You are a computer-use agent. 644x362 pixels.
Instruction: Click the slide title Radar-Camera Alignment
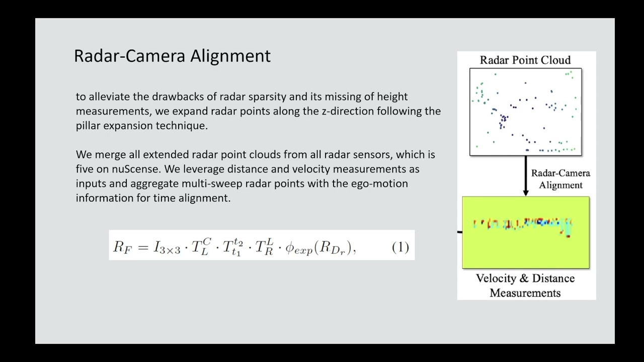[x=172, y=56]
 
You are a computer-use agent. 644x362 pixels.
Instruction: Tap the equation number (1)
[x=400, y=247]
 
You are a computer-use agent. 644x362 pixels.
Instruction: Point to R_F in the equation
[x=121, y=247]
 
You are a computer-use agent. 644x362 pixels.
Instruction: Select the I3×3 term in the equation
[x=167, y=247]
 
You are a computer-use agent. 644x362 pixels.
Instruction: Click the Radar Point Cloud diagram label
[x=525, y=60]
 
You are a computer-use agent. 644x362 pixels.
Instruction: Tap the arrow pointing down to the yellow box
[x=526, y=176]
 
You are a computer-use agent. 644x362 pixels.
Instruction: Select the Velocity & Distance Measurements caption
[x=525, y=286]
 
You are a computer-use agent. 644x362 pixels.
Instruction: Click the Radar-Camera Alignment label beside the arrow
[x=560, y=179]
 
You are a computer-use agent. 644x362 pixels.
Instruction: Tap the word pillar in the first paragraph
[x=89, y=126]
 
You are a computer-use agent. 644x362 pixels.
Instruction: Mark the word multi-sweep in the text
[x=237, y=184]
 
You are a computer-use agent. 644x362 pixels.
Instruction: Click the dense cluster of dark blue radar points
[x=503, y=121]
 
